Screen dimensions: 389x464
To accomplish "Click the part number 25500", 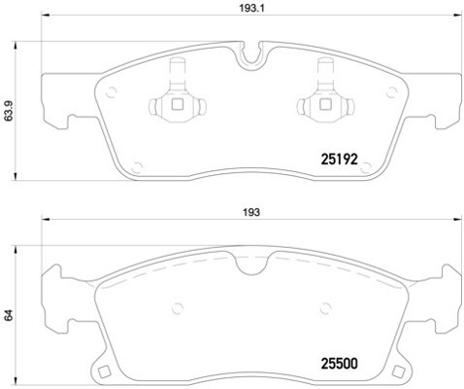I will pyautogui.click(x=340, y=367).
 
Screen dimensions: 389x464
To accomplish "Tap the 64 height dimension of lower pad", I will pyautogui.click(x=8, y=316).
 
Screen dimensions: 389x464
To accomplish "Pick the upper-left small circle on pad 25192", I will pyautogui.click(x=111, y=93).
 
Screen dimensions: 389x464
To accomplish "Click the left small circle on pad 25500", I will pyautogui.click(x=177, y=310).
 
